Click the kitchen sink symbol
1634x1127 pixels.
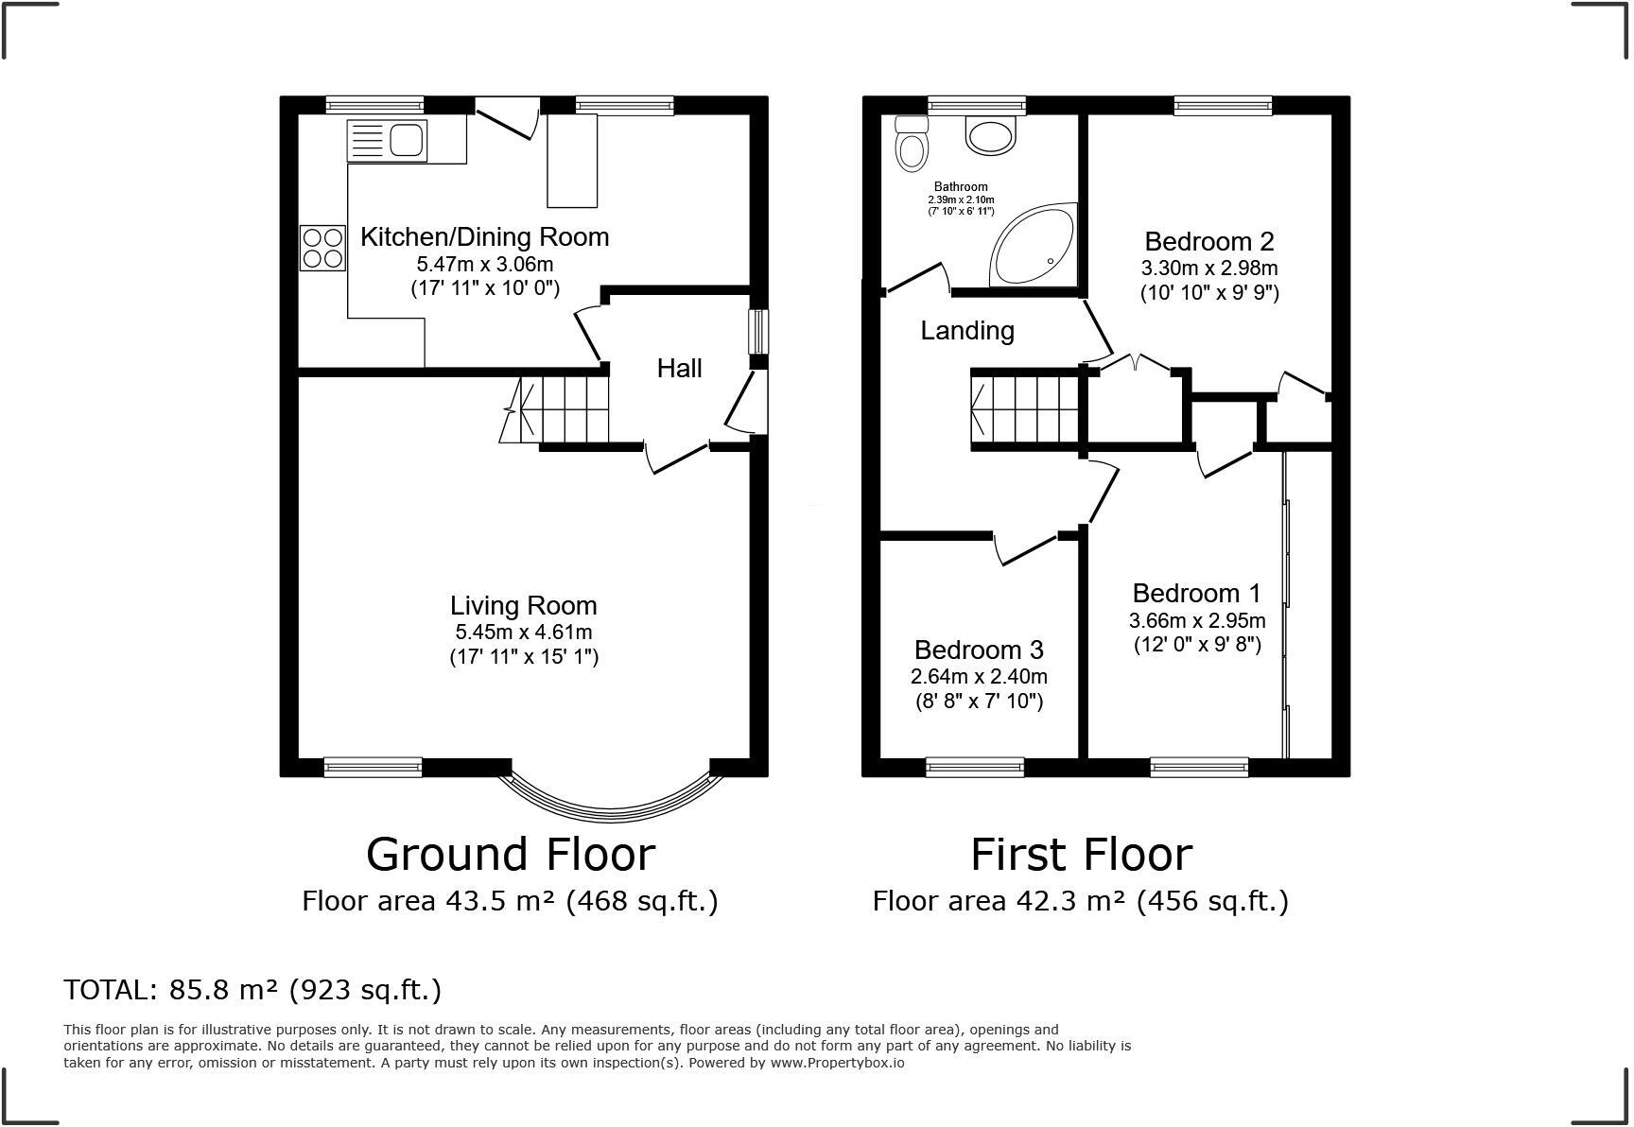(388, 141)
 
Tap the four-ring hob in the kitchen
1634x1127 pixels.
(322, 248)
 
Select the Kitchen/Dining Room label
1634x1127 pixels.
(484, 236)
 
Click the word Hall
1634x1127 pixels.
(679, 368)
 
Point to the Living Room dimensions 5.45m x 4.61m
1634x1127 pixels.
(523, 632)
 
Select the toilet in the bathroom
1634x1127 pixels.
(912, 146)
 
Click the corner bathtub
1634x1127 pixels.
(1034, 246)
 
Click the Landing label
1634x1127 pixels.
(967, 330)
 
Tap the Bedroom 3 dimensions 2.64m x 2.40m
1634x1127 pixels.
(979, 677)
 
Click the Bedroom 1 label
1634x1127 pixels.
(1196, 593)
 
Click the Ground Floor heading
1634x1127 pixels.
(510, 854)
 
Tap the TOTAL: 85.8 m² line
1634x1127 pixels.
(252, 990)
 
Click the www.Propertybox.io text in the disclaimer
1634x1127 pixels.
(837, 1063)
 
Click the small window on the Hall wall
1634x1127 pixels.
(758, 332)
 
